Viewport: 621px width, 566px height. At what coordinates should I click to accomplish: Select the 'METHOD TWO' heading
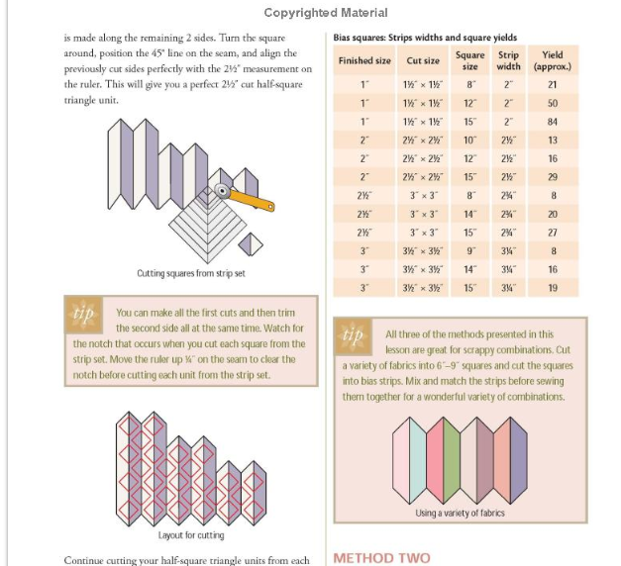381,557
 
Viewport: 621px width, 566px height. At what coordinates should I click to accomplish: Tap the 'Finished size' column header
363,60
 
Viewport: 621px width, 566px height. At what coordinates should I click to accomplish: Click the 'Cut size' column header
423,60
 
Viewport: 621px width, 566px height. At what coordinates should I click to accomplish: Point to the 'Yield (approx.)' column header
553,60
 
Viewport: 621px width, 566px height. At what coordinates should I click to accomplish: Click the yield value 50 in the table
553,103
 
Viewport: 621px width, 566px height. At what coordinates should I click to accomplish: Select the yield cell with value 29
553,176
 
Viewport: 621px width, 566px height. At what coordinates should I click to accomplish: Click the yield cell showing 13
553,140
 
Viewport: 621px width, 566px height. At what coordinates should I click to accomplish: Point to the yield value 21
553,84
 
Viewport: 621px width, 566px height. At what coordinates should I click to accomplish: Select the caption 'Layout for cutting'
190,535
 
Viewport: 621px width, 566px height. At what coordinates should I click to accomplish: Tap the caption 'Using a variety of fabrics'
459,513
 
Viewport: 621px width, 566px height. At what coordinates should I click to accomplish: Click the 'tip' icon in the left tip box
80,312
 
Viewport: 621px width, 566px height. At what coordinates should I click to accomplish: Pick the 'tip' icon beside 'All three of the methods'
352,334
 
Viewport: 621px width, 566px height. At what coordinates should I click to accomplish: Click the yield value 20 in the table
553,214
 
